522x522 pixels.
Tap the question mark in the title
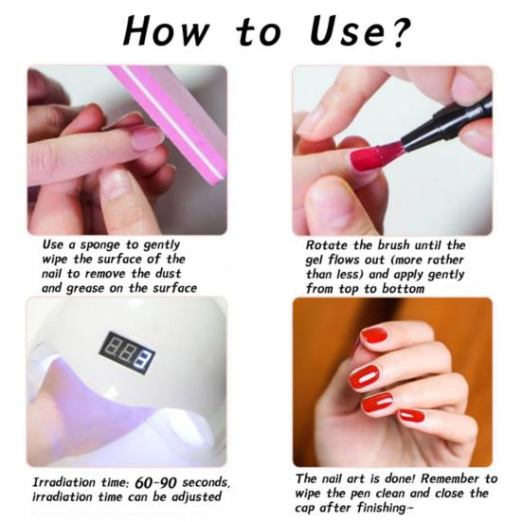click(x=400, y=30)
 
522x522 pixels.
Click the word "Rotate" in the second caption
click(x=320, y=244)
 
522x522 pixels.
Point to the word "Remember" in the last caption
click(x=442, y=477)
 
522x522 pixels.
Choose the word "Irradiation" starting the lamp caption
click(x=64, y=482)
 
